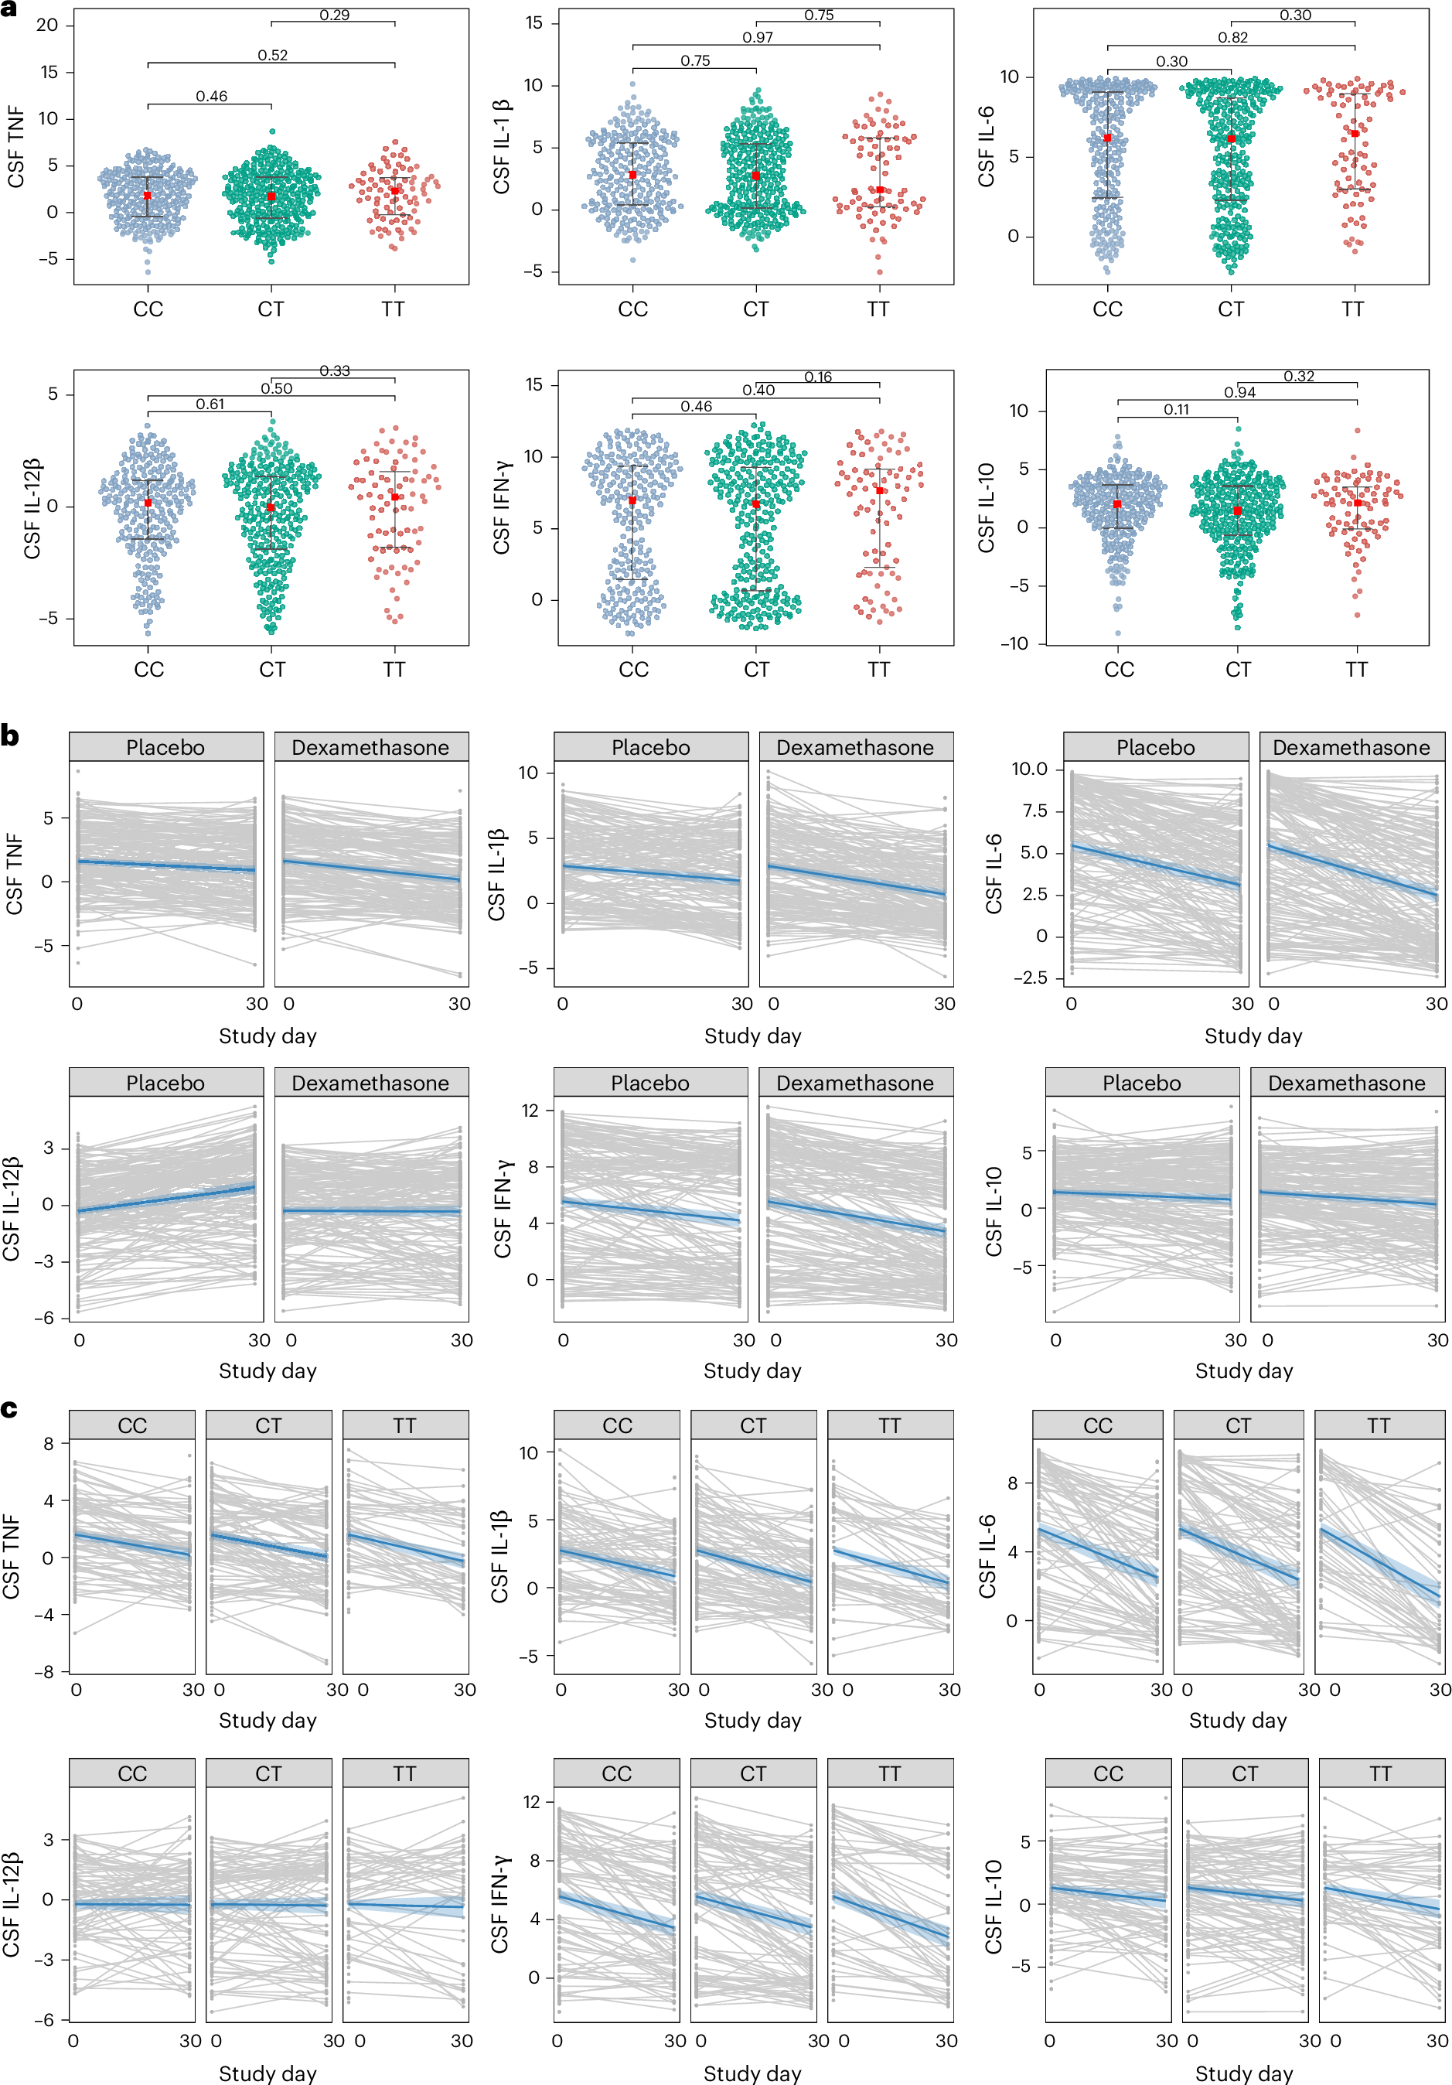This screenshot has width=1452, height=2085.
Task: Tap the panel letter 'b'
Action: (10, 735)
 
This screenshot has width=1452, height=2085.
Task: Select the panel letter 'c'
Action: (9, 1408)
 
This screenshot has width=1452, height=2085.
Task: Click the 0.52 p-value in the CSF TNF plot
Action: (272, 56)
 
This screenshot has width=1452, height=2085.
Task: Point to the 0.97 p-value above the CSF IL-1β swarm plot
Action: (758, 37)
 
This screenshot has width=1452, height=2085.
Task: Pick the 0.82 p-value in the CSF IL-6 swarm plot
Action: (1232, 37)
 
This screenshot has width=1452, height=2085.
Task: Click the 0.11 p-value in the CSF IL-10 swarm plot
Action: (1176, 410)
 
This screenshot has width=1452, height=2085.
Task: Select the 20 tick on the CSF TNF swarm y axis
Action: (47, 26)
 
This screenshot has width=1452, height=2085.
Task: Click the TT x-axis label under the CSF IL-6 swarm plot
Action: (1352, 309)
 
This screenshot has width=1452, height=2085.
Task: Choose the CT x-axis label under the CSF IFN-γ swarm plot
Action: (756, 669)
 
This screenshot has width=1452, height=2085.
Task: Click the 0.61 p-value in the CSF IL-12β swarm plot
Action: (210, 404)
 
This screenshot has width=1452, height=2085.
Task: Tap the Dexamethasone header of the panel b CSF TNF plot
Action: (370, 747)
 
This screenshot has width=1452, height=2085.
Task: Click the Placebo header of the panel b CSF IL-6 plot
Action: (1155, 747)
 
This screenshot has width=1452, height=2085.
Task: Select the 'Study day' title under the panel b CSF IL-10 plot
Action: (1243, 1370)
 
